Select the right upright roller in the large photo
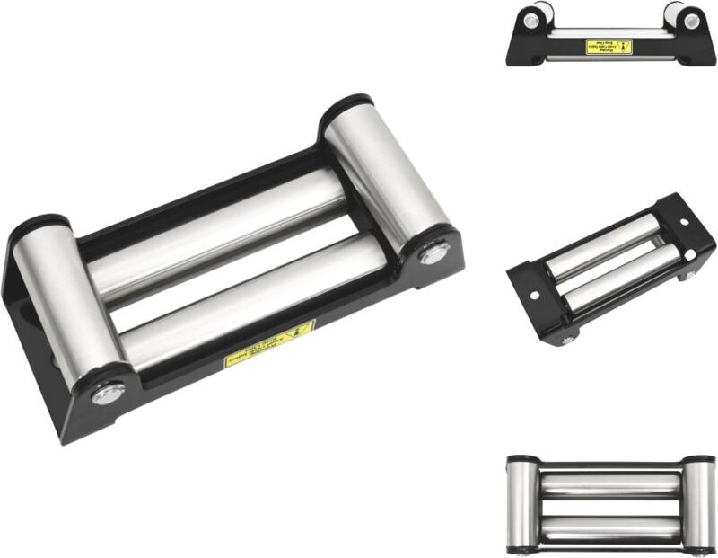click(x=386, y=175)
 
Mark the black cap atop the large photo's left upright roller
click(x=40, y=222)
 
